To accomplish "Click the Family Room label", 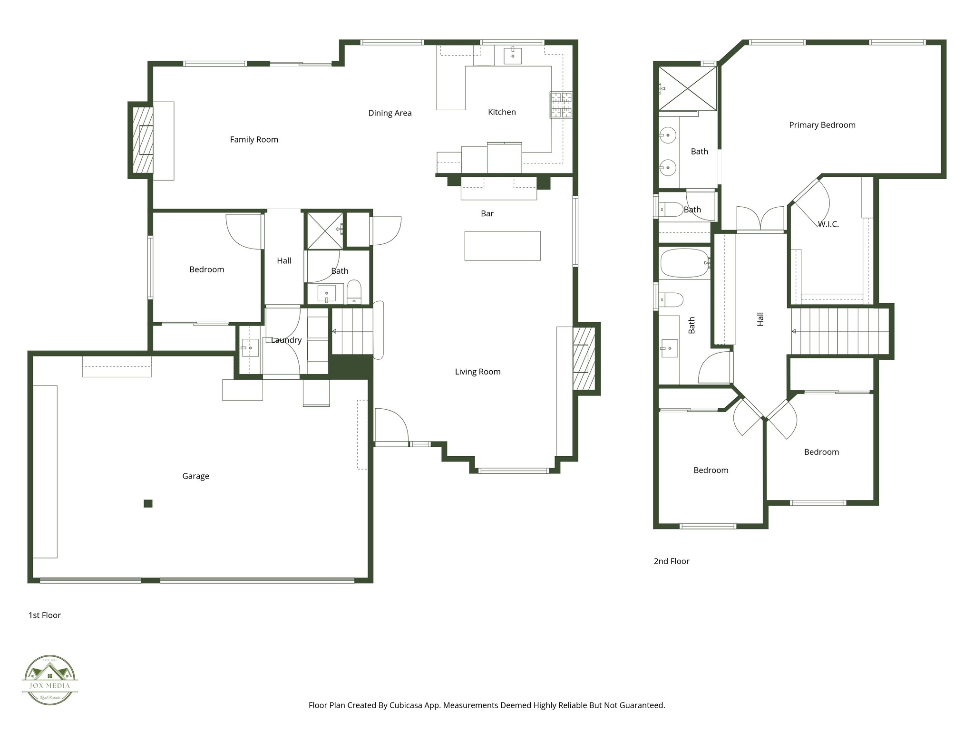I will coord(254,140).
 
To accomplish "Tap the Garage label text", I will coord(195,476).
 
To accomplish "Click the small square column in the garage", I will coord(148,504).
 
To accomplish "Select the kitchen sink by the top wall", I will coord(513,55).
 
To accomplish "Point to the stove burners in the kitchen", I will coord(561,105).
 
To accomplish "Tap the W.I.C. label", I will coord(828,224).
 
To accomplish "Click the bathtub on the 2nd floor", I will coord(684,263).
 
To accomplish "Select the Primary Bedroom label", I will coord(822,125).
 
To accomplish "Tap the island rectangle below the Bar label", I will coord(502,246).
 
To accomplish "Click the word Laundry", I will coord(286,340).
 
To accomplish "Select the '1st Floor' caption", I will coord(45,615).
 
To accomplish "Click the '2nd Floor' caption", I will coord(671,561).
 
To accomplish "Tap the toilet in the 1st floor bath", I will coord(354,291).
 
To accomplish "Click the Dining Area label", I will coord(390,113).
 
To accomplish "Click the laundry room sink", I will coord(250,348).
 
